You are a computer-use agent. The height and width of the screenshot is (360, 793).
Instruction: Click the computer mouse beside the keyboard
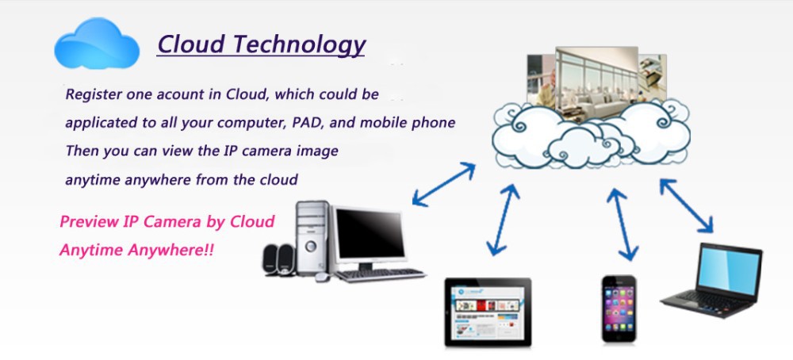pos(321,277)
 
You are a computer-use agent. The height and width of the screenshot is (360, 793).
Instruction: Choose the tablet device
pos(487,311)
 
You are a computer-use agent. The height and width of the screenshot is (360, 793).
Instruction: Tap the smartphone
pos(619,308)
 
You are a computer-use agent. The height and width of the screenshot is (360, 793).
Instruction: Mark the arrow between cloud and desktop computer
pos(444,184)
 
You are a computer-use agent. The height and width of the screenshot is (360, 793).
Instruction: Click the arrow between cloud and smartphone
pos(623,224)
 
